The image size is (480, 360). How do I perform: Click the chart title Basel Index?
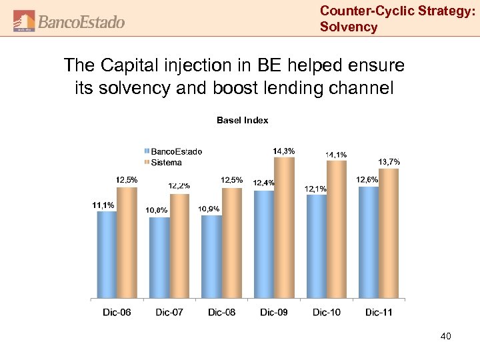pos(242,120)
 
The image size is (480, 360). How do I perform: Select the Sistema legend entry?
pos(166,162)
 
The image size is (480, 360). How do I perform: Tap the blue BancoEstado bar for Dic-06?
pos(107,253)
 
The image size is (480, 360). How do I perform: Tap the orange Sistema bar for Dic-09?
pos(284,227)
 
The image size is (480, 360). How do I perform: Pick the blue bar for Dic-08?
pos(211,256)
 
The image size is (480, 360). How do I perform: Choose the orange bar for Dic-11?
pos(388,233)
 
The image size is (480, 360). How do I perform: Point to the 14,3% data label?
pos(284,151)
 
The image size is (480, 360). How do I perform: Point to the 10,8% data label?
pos(157,210)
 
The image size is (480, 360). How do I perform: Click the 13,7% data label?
pos(389,162)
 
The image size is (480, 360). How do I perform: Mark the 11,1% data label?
pos(103,205)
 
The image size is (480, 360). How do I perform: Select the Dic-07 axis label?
pos(169,313)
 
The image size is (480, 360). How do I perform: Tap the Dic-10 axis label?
pos(326,313)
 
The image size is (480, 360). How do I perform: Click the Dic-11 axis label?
pos(379,313)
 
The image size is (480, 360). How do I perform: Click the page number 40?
pos(445,337)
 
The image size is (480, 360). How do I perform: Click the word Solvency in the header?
pos(348,27)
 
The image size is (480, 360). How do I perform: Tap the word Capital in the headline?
pos(133,66)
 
